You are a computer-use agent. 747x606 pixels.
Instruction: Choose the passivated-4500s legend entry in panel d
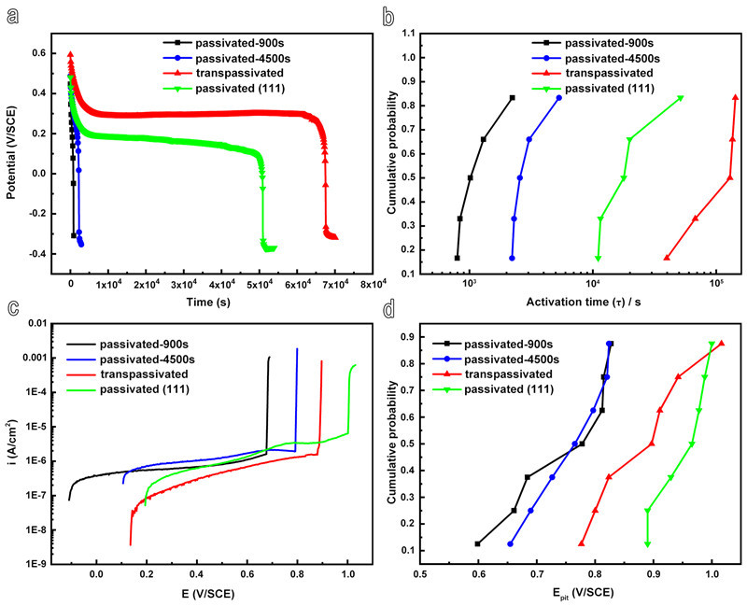tap(511, 359)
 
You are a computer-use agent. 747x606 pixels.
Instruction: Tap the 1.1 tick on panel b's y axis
tap(402, 34)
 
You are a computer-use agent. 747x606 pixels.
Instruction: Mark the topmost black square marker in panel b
tap(513, 97)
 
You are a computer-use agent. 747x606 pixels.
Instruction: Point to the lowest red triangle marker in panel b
tap(666, 258)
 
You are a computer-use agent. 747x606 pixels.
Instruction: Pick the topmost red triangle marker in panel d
tap(721, 344)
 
